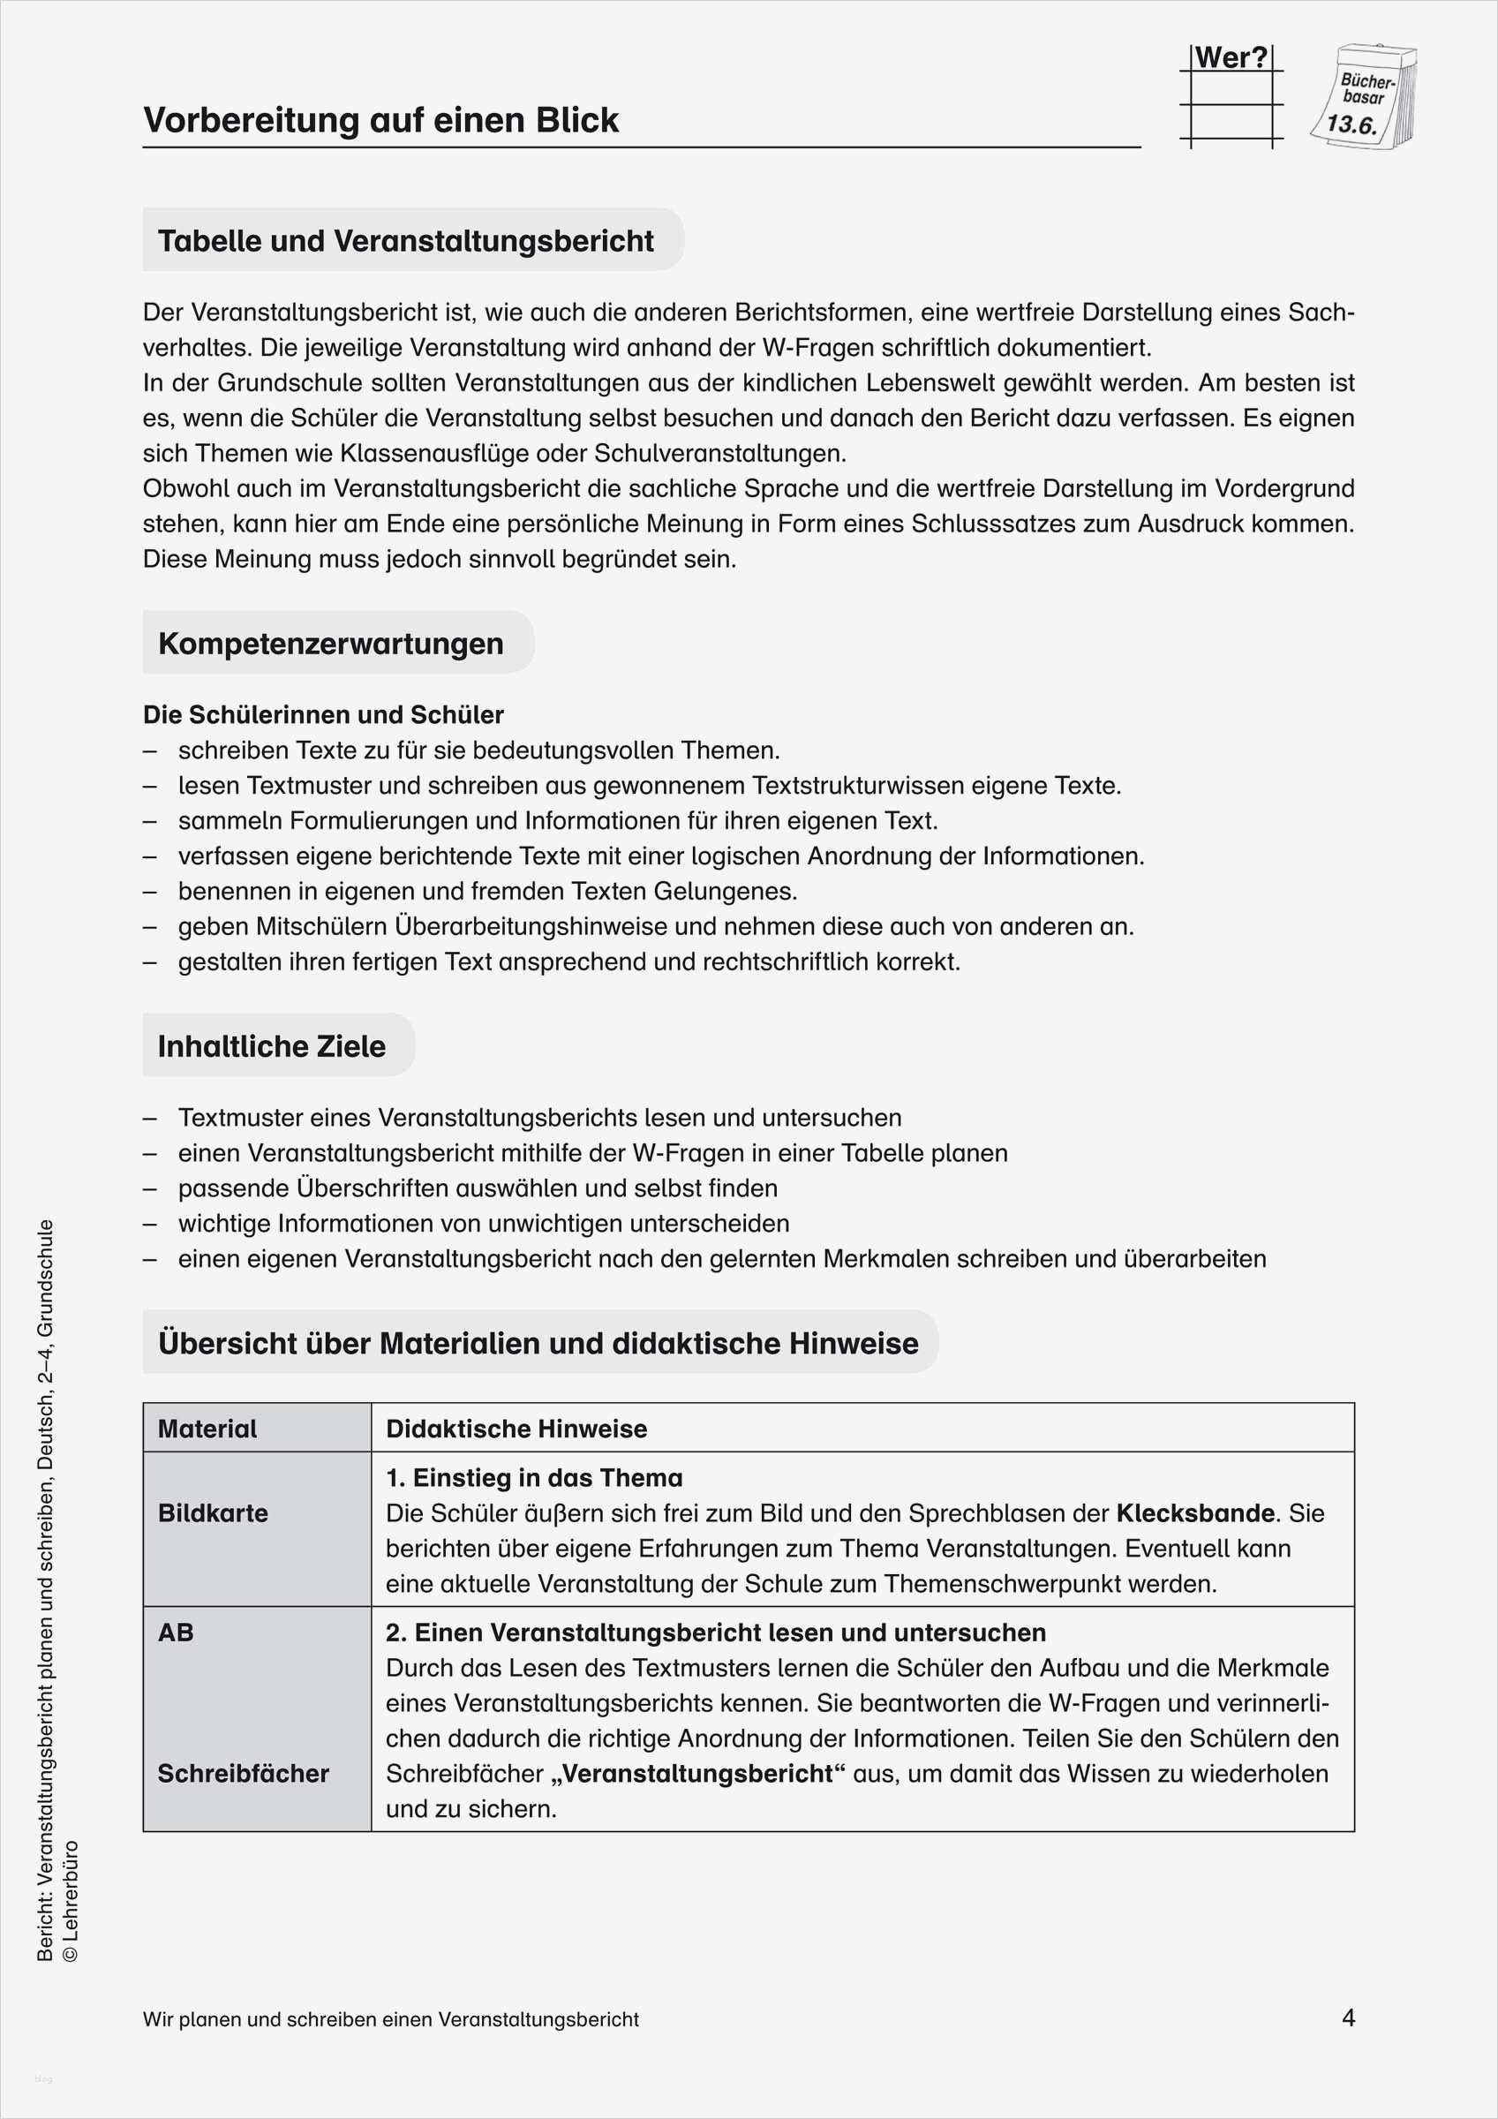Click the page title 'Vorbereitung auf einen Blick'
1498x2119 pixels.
pos(380,121)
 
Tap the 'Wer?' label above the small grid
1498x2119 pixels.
pos(1231,58)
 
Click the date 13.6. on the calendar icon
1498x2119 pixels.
pos(1351,124)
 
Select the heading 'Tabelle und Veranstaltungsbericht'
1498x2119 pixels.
pos(405,241)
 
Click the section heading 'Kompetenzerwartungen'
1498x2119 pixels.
pos(330,644)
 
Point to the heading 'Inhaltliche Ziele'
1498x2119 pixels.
pos(271,1045)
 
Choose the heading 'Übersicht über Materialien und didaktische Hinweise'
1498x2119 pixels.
pos(538,1343)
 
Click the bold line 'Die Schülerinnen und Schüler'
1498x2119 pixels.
pos(323,714)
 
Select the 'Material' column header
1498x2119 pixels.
pos(207,1429)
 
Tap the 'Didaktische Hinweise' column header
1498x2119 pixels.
pos(516,1429)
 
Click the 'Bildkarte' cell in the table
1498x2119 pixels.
pos(214,1512)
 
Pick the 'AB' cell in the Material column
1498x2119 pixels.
pos(177,1632)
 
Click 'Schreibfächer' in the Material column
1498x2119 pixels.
pos(243,1773)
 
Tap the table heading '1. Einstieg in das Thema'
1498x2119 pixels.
pos(533,1478)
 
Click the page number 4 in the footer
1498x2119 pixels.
pos(1348,2018)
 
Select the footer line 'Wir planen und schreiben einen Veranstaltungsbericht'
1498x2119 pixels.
pos(390,2019)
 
